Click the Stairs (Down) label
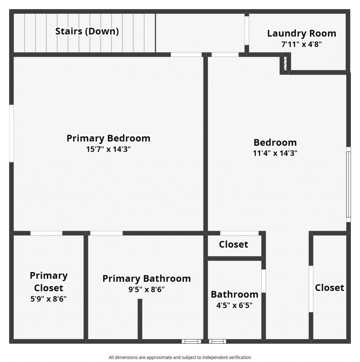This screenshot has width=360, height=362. pos(87,31)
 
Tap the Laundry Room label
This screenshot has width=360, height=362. pos(301,33)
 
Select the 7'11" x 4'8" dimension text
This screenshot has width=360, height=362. pos(301,44)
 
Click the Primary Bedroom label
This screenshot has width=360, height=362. pos(108,138)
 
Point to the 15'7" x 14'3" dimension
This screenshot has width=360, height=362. pos(108,149)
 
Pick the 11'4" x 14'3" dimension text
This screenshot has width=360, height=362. pos(275,153)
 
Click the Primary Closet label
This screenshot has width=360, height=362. pos(49,281)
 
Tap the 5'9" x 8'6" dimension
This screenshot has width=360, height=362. pos(49,299)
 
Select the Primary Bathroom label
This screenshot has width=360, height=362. pos(146,279)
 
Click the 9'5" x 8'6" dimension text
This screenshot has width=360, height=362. pos(146,290)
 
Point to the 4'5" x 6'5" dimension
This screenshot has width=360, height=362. pos(234,305)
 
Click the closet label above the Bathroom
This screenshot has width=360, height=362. pos(233,244)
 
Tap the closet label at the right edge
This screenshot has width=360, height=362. pos(329,288)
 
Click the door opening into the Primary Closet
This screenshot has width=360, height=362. pos(46,233)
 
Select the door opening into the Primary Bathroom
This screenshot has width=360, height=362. pos(107,233)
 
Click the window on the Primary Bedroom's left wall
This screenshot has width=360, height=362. pos(11,133)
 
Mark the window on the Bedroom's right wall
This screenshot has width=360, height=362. pos(348,184)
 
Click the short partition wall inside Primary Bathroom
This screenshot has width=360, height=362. pos(140,319)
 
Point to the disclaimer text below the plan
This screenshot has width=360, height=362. pos(180,357)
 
